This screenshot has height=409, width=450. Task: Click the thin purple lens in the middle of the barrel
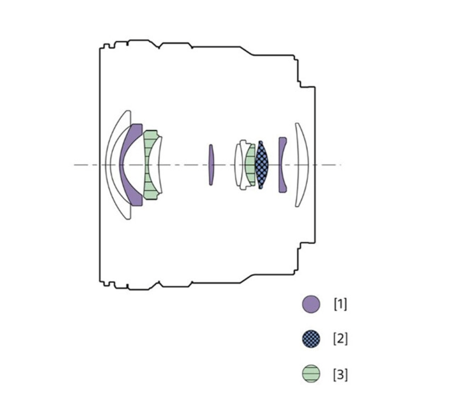coord(211,165)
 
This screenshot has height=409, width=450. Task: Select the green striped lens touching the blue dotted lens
coord(250,165)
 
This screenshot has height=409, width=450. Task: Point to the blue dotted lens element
coord(262,165)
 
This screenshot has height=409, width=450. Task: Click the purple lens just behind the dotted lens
coord(281,165)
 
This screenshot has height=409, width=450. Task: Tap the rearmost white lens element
coord(303,165)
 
